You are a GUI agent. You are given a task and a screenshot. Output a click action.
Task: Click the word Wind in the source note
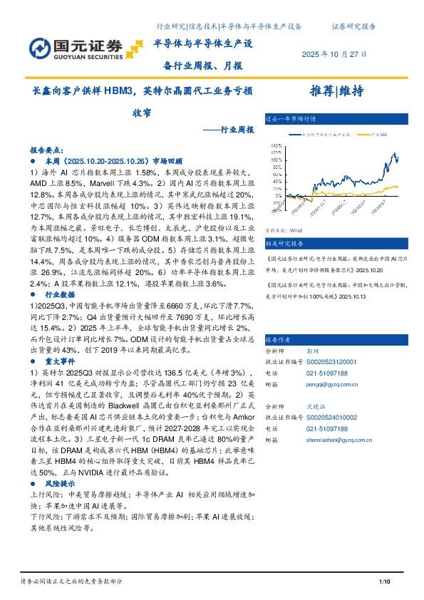tap(297, 231)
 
